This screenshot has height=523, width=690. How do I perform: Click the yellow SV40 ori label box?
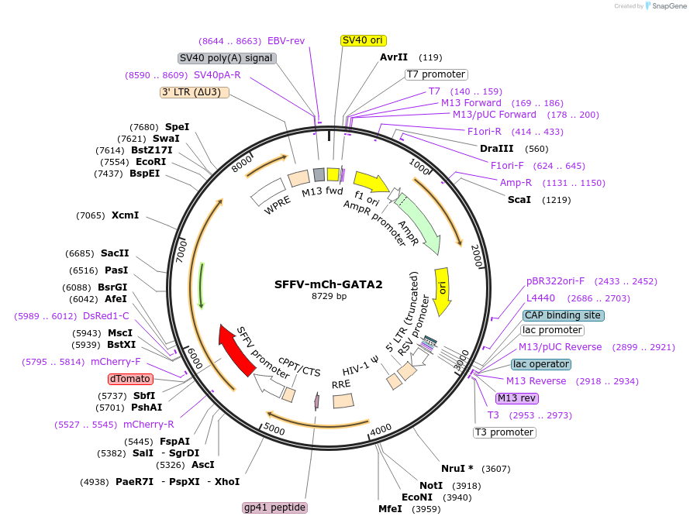364,40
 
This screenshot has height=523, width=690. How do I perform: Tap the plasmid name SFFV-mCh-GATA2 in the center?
329,284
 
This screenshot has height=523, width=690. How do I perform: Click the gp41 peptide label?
275,508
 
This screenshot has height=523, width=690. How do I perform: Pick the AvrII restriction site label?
394,57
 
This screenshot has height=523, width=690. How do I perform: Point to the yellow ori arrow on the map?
442,291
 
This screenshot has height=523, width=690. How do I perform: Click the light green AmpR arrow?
419,225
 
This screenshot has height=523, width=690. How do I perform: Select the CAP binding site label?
563,315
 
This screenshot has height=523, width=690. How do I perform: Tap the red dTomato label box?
131,379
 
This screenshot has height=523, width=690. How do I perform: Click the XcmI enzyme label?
125,215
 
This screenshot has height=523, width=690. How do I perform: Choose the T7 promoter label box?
436,74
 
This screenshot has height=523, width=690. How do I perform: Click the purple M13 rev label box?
516,398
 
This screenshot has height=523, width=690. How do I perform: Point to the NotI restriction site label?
431,485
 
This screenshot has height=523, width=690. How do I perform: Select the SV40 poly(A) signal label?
227,58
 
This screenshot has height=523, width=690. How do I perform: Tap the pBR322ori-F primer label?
555,281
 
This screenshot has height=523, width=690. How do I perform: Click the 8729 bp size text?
329,297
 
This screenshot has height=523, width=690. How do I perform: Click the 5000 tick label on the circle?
274,427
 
